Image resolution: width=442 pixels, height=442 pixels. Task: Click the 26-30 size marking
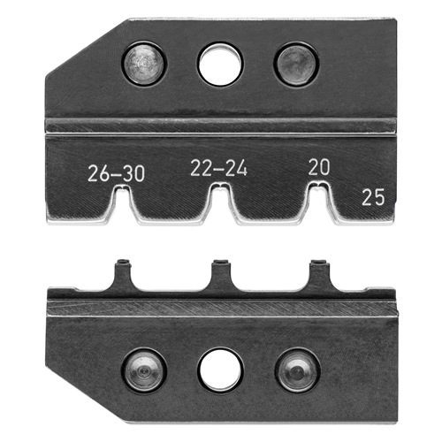point(117,173)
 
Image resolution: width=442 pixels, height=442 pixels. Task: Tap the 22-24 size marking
point(218,168)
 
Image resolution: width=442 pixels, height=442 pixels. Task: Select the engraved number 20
point(319,167)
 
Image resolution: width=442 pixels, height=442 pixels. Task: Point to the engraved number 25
point(373,197)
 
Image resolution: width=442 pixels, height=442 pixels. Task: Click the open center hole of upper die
point(221,65)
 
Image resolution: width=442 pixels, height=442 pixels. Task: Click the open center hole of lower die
point(221,370)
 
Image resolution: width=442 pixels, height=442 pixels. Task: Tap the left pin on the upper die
point(144,64)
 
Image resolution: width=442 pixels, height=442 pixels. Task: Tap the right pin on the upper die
point(296,65)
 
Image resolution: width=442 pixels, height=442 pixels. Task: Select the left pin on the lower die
point(144,371)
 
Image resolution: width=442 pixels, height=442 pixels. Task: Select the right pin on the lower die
point(298,371)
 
